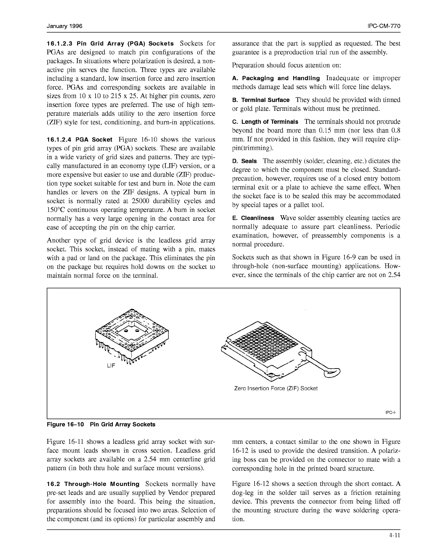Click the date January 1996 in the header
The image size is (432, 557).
click(64, 26)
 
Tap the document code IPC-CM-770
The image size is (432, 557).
click(383, 26)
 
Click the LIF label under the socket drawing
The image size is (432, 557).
click(111, 366)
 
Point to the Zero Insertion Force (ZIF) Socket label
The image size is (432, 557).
click(276, 388)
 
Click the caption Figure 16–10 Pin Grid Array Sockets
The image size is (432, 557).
click(101, 424)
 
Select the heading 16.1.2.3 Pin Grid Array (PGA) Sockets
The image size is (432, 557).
click(110, 44)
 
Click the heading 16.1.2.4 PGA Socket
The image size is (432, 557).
click(79, 140)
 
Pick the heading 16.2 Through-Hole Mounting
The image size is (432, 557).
click(93, 484)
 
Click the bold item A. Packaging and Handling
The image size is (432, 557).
click(276, 78)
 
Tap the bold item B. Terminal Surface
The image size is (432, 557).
click(261, 100)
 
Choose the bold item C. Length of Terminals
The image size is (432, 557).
click(265, 122)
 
